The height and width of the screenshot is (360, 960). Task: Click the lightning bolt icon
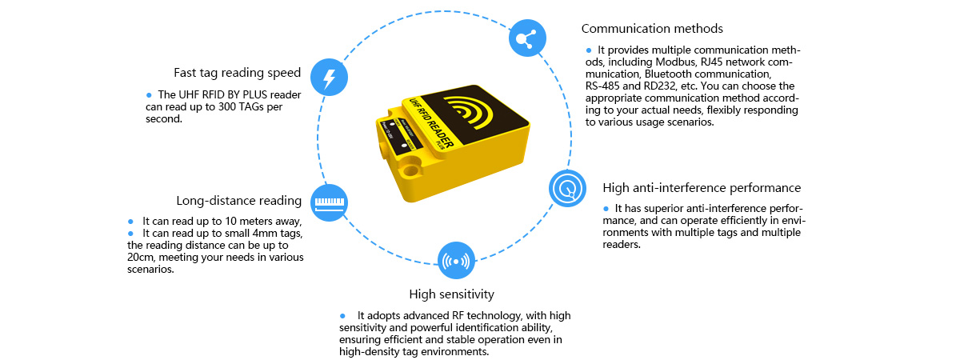coord(329,78)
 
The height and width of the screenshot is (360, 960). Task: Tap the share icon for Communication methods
coord(527,38)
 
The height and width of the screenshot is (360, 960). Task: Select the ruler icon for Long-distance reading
coord(330,202)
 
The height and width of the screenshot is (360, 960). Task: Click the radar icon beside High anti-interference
coord(567,189)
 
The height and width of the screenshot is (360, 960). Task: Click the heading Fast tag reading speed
coord(237,73)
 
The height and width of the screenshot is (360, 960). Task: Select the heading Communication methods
coord(652,29)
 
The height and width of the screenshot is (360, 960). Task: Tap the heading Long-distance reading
coord(238,200)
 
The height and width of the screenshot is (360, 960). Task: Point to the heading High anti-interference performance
coord(702,188)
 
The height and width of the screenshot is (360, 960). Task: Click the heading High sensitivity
coord(451,294)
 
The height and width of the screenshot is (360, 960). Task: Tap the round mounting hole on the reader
coord(411,170)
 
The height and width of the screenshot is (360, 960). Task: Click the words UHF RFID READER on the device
coord(433,129)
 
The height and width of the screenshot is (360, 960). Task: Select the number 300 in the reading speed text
coord(229,107)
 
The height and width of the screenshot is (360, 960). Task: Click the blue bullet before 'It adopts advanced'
coord(342,315)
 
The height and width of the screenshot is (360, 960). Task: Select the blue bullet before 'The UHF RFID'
coord(148,94)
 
